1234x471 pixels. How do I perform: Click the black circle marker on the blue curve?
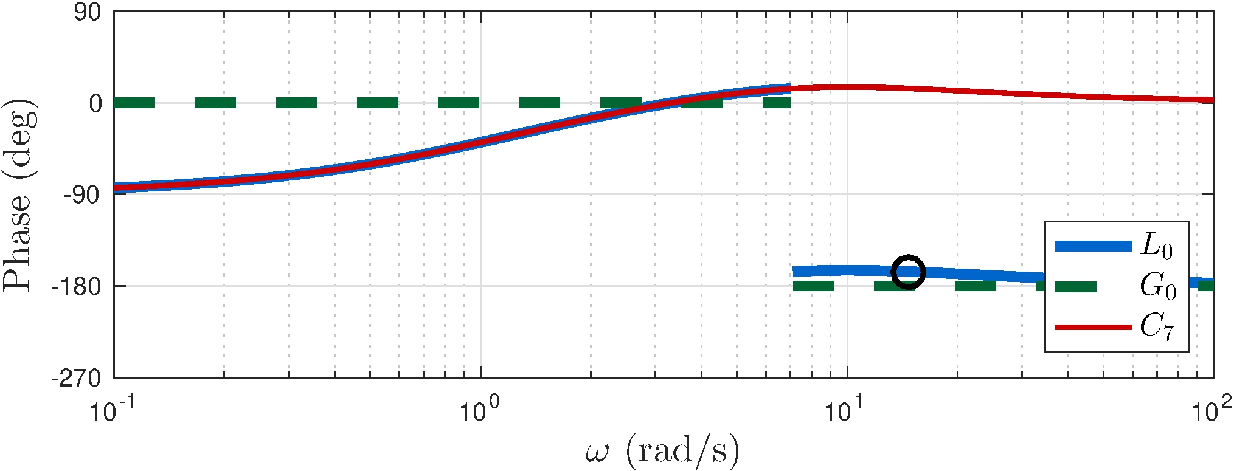click(908, 272)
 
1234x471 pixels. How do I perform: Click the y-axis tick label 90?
click(88, 12)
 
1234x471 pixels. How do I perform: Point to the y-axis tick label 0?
click(95, 103)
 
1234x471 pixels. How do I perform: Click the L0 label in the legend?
click(1156, 246)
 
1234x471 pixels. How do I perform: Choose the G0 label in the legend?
click(1157, 286)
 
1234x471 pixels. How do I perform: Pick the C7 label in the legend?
click(1156, 326)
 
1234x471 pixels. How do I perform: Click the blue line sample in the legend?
click(1093, 246)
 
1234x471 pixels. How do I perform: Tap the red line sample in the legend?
click(1093, 327)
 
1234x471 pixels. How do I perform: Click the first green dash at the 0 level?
click(134, 103)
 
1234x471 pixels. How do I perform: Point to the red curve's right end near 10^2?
click(1210, 100)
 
